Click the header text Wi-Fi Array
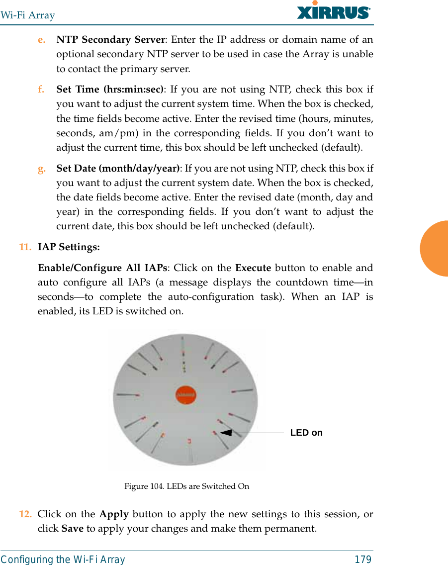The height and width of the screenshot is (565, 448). coord(27,15)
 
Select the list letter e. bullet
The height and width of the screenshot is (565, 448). coord(42,40)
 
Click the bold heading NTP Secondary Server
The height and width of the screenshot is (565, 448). coord(110,40)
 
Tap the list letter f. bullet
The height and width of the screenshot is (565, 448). coord(41,90)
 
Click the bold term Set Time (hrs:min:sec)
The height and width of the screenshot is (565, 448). coord(110,90)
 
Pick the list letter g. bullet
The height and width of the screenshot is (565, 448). coord(42,169)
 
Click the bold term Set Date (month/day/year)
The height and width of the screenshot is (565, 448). coord(118,169)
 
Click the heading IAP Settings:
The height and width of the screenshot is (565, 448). coord(69,247)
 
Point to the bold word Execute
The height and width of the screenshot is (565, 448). coord(253,268)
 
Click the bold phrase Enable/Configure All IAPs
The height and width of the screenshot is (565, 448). coord(102,268)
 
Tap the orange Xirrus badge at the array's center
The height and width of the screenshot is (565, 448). coord(186,395)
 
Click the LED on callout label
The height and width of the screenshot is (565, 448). coord(306,433)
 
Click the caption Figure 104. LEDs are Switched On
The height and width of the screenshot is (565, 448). coord(186,486)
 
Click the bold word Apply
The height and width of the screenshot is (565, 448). coord(114,514)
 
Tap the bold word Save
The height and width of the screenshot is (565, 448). coord(72,528)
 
